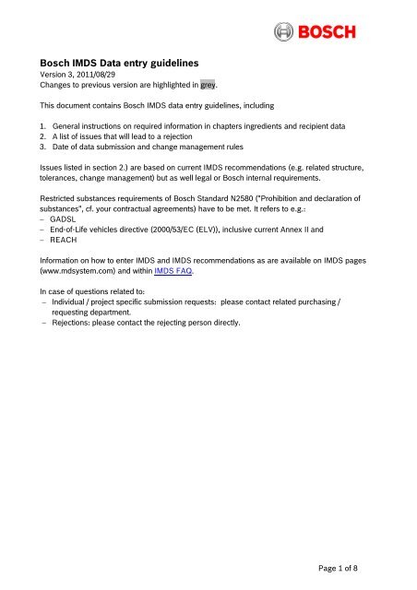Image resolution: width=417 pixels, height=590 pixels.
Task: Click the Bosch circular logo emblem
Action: [x=286, y=34]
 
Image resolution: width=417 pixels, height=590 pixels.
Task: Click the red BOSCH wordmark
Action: [x=345, y=34]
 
